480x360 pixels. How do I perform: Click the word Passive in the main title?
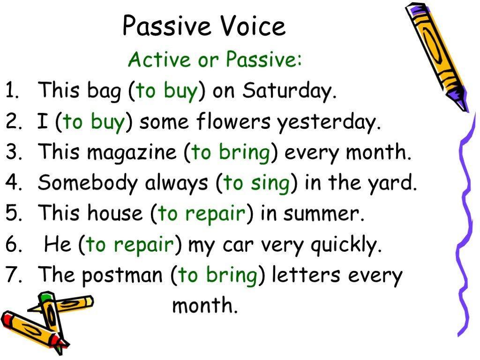pyautogui.click(x=167, y=26)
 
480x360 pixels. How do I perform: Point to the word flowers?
pyautogui.click(x=233, y=121)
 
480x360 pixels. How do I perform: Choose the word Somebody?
pyautogui.click(x=87, y=183)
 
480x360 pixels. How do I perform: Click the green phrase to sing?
pyautogui.click(x=256, y=183)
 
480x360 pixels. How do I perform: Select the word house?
pyautogui.click(x=115, y=213)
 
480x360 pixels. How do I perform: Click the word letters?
pyautogui.click(x=306, y=274)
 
